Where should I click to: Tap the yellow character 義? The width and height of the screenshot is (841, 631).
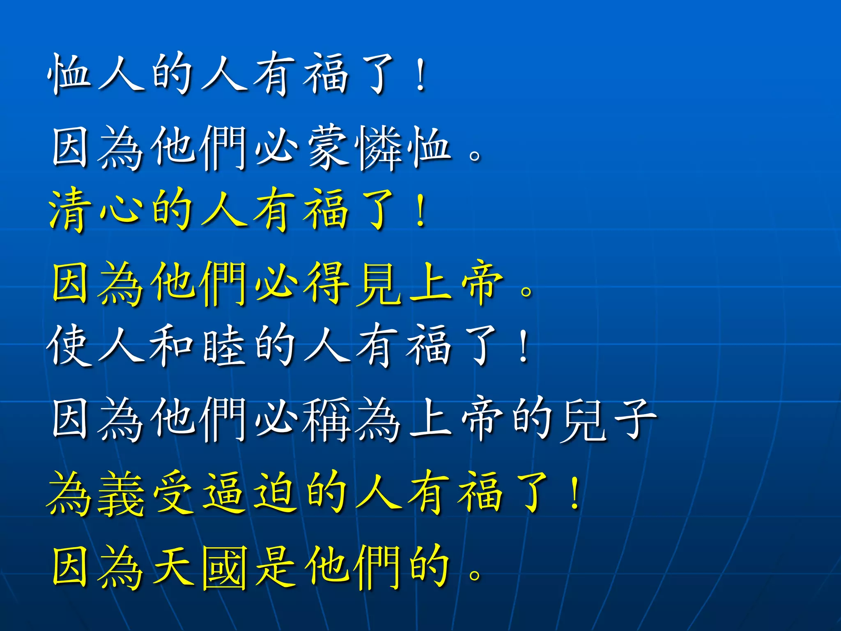tap(121, 493)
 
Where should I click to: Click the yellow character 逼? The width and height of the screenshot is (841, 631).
tap(224, 493)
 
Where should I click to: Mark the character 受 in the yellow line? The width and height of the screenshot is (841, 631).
tap(172, 493)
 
